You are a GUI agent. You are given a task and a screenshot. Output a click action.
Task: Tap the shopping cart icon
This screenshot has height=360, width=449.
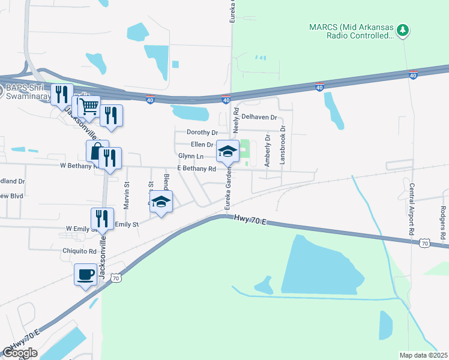pos(88,107)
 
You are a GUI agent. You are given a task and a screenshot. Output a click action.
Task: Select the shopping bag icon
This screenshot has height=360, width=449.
pos(97,151)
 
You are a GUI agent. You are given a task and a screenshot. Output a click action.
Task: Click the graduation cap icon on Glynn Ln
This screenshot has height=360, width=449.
pos(228,151)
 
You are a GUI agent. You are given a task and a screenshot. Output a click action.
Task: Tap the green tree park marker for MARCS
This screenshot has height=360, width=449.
pos(405,29)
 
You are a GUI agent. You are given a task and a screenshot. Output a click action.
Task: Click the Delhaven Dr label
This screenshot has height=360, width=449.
pos(259,118)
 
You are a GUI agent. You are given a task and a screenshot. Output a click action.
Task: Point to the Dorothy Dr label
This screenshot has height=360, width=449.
pos(200,132)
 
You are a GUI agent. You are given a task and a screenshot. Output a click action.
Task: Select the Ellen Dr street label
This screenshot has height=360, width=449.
pos(202,145)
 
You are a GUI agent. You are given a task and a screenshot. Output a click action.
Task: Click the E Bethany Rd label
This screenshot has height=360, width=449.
pos(196,169)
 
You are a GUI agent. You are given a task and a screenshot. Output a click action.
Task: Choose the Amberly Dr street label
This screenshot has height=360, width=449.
pos(268,149)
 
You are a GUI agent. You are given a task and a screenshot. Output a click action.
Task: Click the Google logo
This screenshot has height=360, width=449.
pos(20,353)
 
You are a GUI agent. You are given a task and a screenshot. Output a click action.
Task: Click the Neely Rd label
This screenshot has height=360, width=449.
pos(236,121)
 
